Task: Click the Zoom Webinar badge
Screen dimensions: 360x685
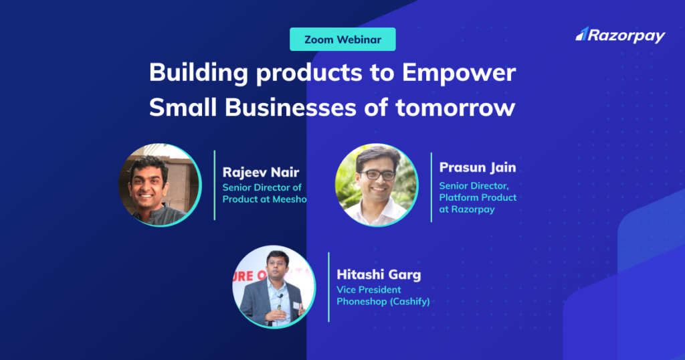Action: (x=342, y=39)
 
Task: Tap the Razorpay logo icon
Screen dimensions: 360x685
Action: (x=581, y=34)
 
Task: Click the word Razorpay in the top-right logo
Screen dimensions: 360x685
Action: (x=627, y=36)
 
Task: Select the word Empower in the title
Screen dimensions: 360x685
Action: (x=460, y=73)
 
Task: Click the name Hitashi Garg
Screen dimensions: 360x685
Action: (x=379, y=274)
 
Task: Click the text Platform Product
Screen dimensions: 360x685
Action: (x=478, y=197)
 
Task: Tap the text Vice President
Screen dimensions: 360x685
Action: (x=369, y=290)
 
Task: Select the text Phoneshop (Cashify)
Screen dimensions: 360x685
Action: (x=383, y=302)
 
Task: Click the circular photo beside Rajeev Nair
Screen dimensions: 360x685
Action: (x=160, y=184)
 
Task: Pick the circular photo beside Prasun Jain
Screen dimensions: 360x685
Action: (x=376, y=184)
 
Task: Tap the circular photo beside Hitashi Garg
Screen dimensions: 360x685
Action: (x=274, y=286)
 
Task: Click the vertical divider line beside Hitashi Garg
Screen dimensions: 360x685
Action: (x=328, y=286)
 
